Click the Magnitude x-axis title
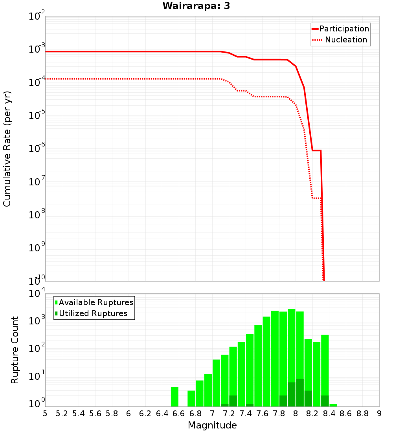[x=212, y=425]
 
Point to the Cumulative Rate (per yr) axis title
[x=7, y=149]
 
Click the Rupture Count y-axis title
[x=15, y=350]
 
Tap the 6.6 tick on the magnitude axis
[x=178, y=414]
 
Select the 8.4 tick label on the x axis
[x=329, y=414]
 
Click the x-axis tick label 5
[x=45, y=414]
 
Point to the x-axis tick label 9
[x=379, y=414]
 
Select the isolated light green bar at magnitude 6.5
[x=175, y=397]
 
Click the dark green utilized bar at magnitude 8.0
[x=300, y=393]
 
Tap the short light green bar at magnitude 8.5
[x=333, y=405]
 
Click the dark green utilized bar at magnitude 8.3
[x=325, y=401]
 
